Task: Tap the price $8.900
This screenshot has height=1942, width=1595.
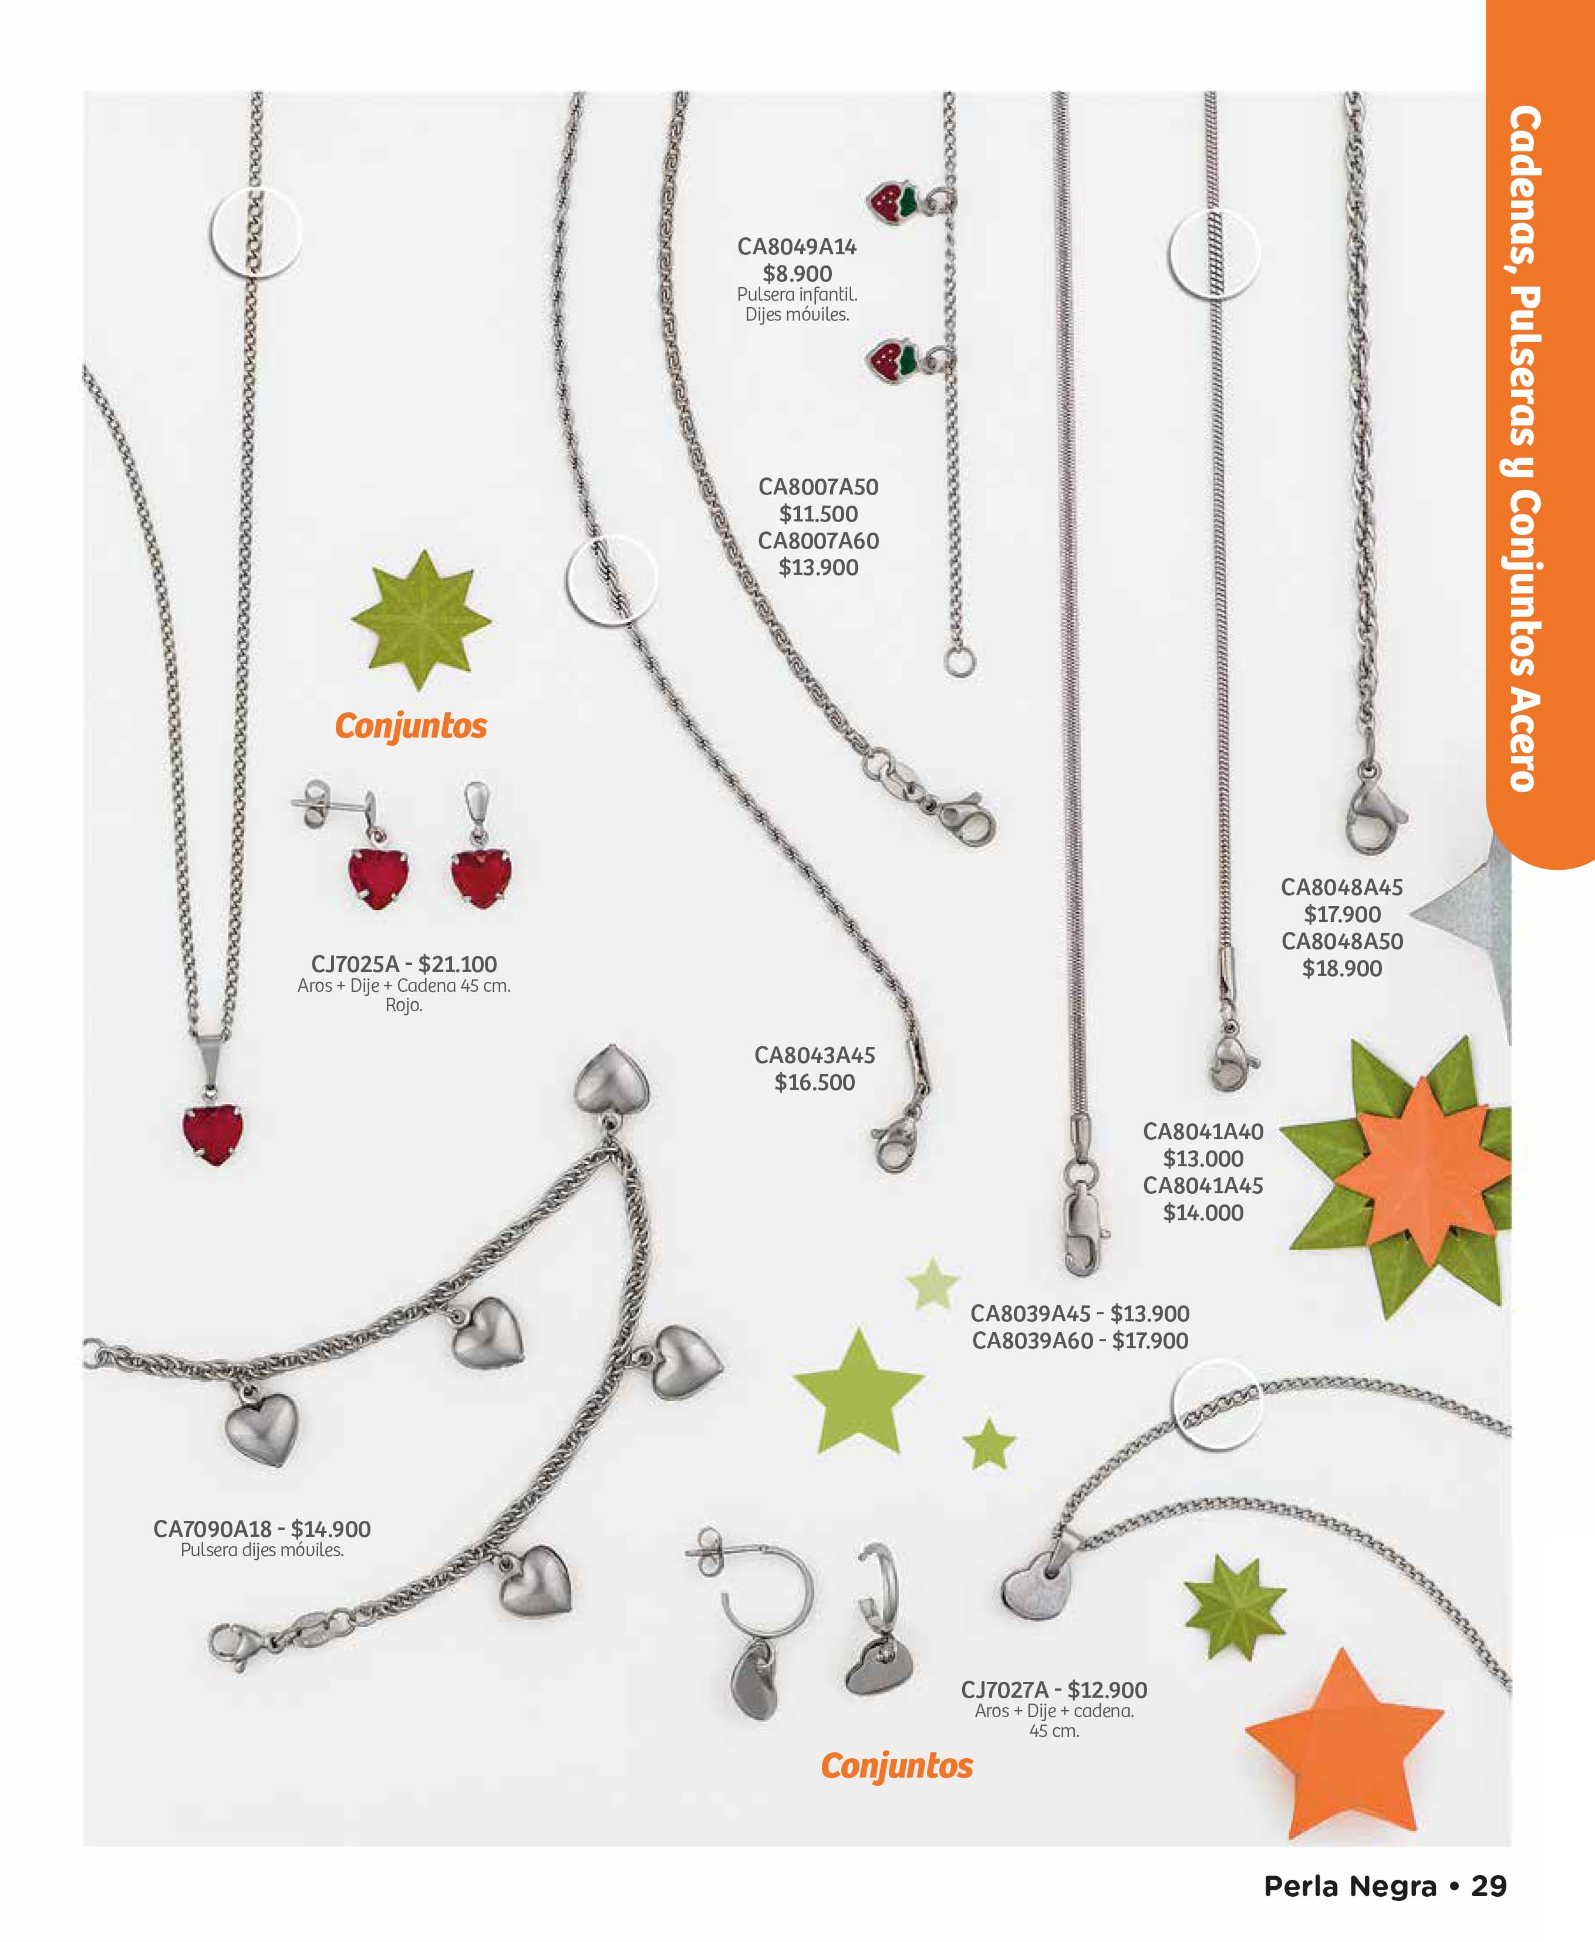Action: pos(797,273)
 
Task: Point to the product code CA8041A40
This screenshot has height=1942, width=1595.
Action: pos(1203,1132)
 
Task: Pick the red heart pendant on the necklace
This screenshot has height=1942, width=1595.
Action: pos(213,1134)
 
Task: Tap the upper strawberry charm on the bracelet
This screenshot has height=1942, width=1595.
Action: pos(892,202)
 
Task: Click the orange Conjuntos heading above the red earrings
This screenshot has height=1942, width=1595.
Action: pos(411,726)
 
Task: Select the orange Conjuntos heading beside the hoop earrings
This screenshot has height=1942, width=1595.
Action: pos(897,1766)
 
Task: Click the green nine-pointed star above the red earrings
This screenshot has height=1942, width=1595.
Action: pos(421,620)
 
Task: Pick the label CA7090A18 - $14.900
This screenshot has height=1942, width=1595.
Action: pos(262,1529)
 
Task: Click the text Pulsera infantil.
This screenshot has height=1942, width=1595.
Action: pos(797,295)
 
